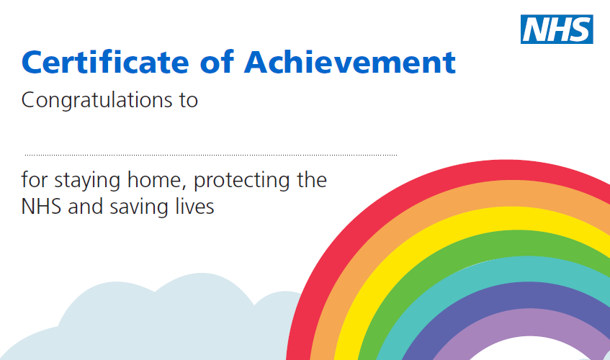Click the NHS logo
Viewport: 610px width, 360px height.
[x=557, y=29]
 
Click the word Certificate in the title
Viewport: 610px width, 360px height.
[x=105, y=62]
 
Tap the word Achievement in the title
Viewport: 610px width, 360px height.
[x=350, y=62]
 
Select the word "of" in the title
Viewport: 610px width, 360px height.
[x=217, y=61]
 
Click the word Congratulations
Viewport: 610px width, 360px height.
[x=97, y=101]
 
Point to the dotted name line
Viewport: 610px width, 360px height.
[x=211, y=155]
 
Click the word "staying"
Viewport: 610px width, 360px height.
[x=87, y=181]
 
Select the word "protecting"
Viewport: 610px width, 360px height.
[x=241, y=181]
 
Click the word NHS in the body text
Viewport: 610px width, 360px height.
[x=41, y=207]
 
